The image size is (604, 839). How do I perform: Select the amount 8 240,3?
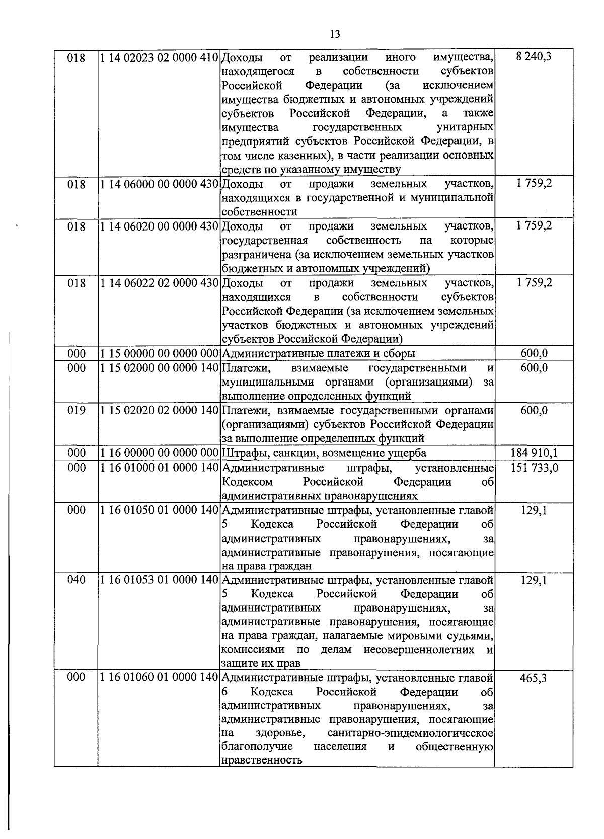tap(534, 56)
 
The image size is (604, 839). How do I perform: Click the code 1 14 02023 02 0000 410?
tap(158, 57)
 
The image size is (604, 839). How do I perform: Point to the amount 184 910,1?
tap(534, 453)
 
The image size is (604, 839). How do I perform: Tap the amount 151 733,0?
tap(534, 468)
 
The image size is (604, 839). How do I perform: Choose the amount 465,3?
tap(534, 678)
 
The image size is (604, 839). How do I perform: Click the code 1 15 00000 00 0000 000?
tap(158, 353)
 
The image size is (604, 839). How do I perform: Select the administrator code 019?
tap(77, 411)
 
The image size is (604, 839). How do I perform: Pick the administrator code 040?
tap(77, 580)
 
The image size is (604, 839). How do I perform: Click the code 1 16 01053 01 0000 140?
tap(158, 580)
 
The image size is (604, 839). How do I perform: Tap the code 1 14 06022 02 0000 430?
tap(158, 283)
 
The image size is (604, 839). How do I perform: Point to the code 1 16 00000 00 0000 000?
tap(158, 453)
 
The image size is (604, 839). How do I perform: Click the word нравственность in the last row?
tap(262, 760)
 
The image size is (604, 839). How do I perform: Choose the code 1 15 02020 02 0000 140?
tap(158, 411)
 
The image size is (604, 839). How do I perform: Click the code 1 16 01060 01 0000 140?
tap(158, 678)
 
